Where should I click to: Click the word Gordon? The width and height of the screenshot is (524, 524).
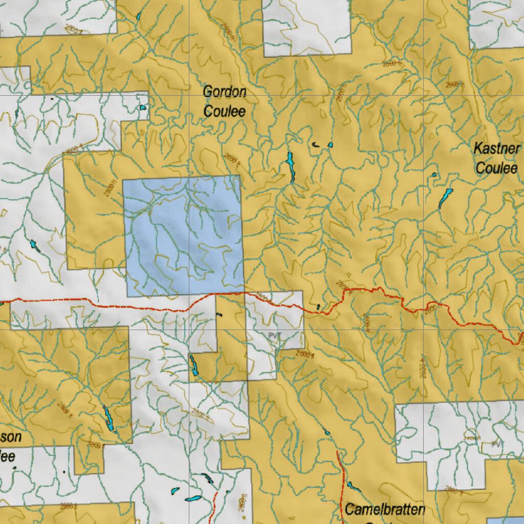tap(225, 92)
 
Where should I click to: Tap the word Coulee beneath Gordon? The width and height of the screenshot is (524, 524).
tap(225, 111)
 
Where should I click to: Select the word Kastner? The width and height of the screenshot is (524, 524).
tap(496, 149)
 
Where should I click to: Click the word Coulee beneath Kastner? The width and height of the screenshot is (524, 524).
tap(496, 167)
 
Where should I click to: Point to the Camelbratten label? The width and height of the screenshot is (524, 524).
tap(385, 509)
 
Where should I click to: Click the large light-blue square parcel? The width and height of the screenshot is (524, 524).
tap(183, 235)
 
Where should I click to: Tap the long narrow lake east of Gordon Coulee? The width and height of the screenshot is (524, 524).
tap(291, 166)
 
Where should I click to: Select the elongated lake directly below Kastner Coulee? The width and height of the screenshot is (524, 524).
tap(445, 198)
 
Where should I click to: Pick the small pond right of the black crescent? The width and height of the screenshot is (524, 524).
tap(330, 145)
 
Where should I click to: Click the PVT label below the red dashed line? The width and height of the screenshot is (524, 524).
tap(275, 335)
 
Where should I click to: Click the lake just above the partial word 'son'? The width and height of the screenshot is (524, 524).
tap(108, 418)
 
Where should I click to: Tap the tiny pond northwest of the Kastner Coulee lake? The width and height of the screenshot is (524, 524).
tap(434, 175)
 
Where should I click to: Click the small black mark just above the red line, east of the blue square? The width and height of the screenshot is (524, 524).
tap(318, 307)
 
